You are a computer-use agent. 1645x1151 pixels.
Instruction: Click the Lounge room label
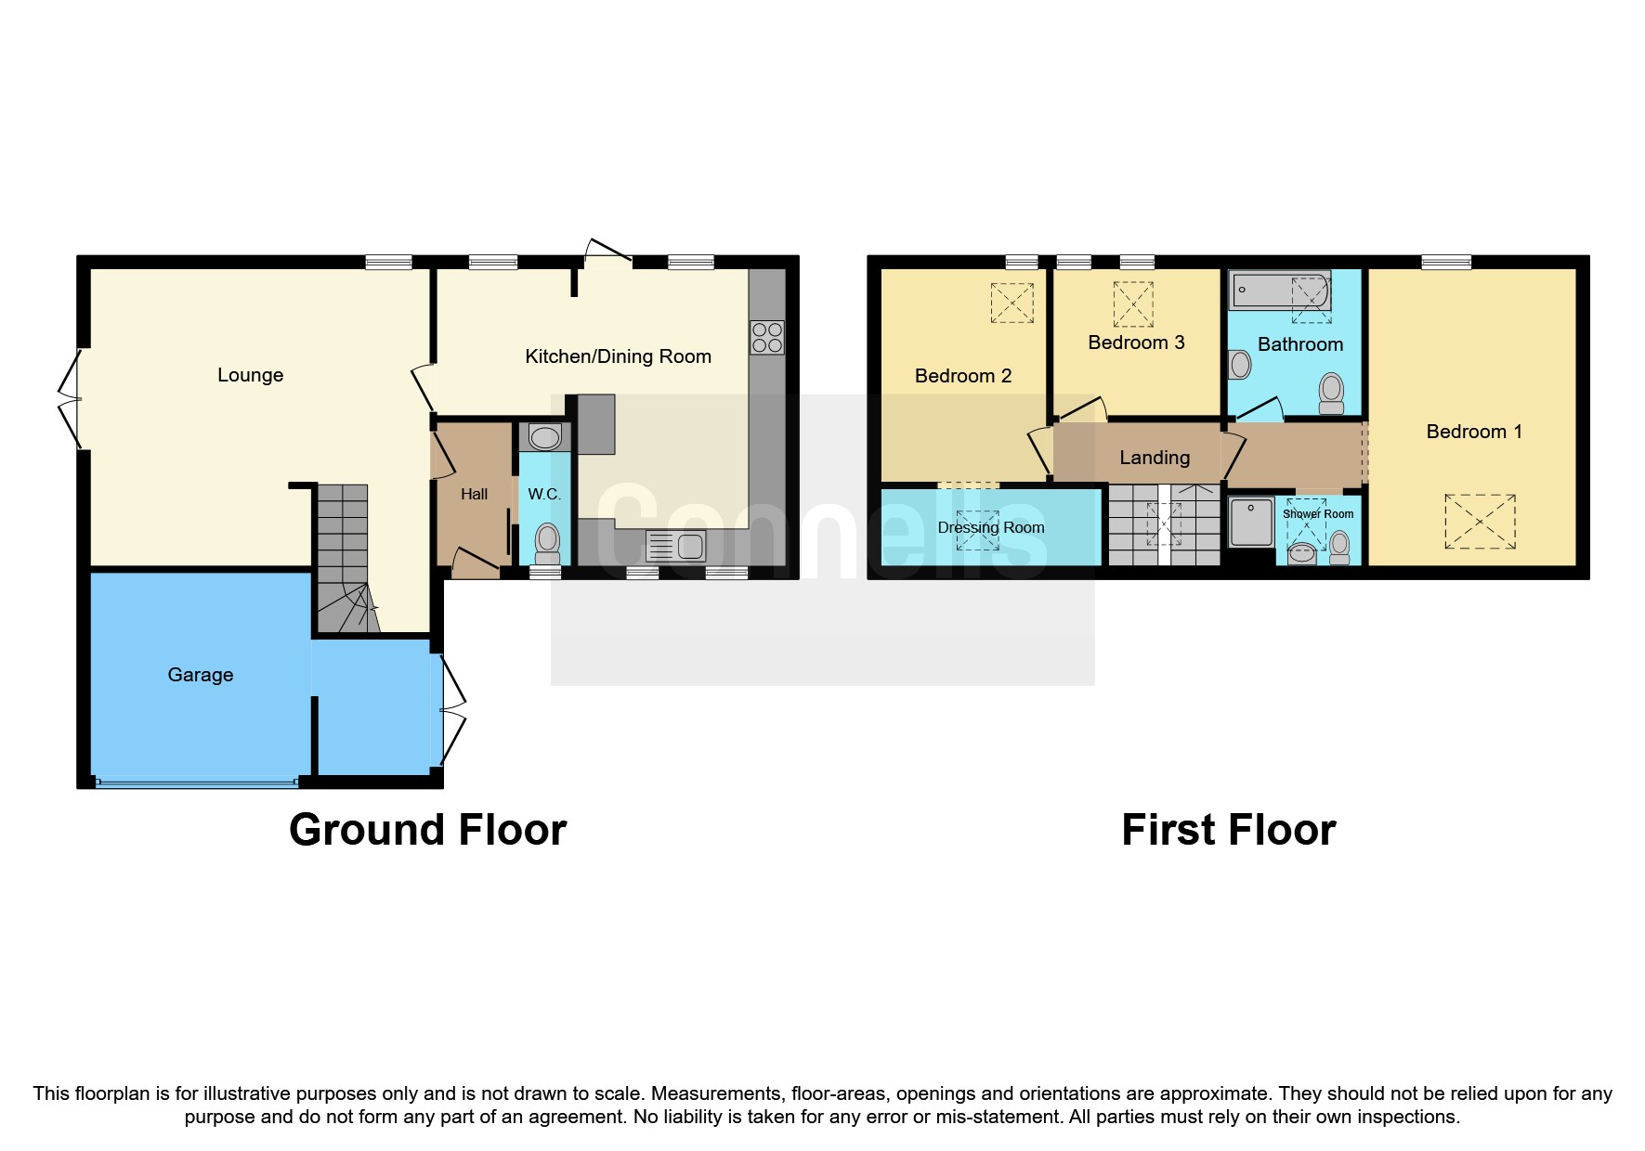pyautogui.click(x=250, y=375)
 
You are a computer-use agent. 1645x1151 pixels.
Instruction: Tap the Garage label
pyautogui.click(x=200, y=675)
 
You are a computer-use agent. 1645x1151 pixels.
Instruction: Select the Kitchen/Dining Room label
pyautogui.click(x=618, y=356)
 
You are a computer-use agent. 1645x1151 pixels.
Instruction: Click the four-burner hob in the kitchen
pyautogui.click(x=767, y=337)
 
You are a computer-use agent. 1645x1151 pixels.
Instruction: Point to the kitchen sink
pyautogui.click(x=676, y=546)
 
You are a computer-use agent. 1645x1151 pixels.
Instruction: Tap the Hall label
pyautogui.click(x=474, y=494)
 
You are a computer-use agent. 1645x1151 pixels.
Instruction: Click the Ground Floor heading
pyautogui.click(x=427, y=829)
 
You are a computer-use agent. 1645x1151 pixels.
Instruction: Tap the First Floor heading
pyautogui.click(x=1228, y=829)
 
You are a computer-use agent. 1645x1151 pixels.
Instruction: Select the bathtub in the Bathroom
pyautogui.click(x=1279, y=291)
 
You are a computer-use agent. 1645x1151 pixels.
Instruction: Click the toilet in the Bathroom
pyautogui.click(x=1331, y=394)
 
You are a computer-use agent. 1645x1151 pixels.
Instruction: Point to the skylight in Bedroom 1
pyautogui.click(x=1480, y=522)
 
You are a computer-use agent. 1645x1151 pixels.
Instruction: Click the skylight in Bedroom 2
pyautogui.click(x=1012, y=303)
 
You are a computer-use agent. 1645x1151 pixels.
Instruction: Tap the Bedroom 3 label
pyautogui.click(x=1136, y=343)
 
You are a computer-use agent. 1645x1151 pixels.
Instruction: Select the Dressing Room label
pyautogui.click(x=990, y=527)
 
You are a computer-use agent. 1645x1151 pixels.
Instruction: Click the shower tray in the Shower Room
pyautogui.click(x=1251, y=522)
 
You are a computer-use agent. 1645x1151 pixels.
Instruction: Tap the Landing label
pyautogui.click(x=1154, y=458)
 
